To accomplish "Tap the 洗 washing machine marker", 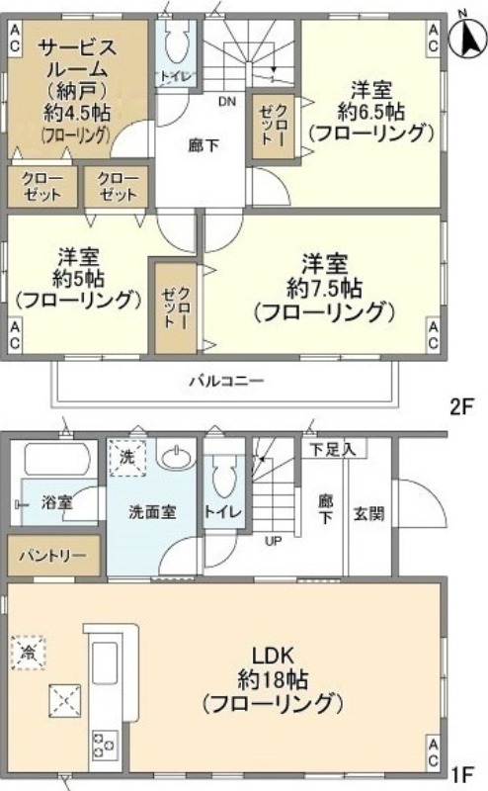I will (126, 458).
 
